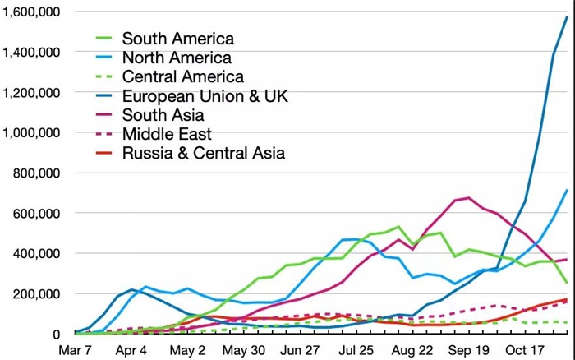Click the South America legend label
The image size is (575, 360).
(177, 39)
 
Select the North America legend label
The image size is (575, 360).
(176, 58)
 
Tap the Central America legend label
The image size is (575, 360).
(182, 76)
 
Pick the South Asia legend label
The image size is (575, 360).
(163, 114)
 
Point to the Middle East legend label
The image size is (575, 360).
(167, 133)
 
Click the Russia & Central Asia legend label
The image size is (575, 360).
(204, 152)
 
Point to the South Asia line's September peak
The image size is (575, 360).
(468, 197)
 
